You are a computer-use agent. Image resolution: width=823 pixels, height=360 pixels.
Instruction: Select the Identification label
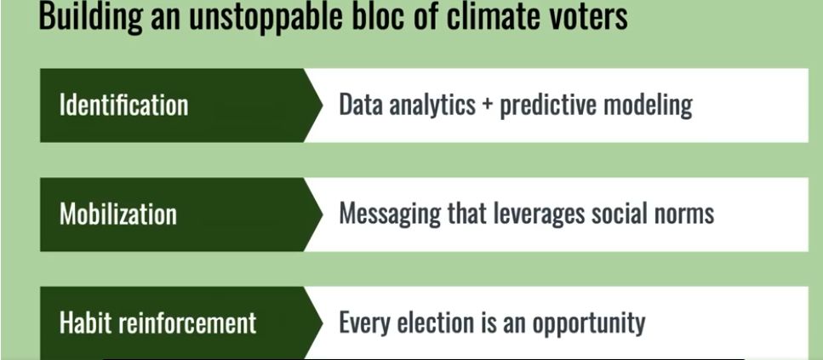tap(123, 105)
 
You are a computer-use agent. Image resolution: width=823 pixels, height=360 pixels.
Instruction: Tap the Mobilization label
tap(118, 214)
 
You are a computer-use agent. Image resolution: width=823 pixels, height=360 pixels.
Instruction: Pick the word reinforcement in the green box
tap(187, 323)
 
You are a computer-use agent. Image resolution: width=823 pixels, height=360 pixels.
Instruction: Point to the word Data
tap(361, 105)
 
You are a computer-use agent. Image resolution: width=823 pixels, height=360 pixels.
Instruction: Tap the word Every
tap(363, 323)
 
